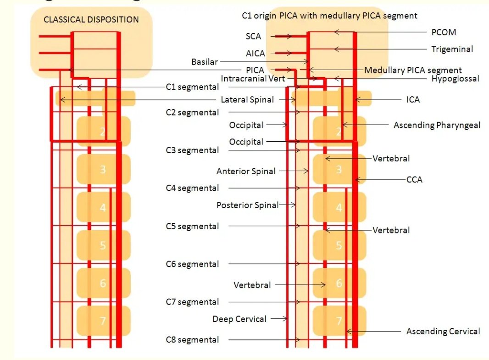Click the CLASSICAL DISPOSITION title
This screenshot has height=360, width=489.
91,20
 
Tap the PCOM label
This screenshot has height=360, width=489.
444,33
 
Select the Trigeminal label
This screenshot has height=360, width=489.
452,49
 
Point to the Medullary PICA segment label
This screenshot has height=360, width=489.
413,70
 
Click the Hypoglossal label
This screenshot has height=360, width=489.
455,78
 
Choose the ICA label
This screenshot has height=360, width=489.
413,99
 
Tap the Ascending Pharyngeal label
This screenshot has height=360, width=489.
437,125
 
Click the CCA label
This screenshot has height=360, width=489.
414,180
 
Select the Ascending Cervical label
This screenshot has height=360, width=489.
443,331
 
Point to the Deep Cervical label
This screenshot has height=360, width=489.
239,319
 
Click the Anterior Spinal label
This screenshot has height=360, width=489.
246,171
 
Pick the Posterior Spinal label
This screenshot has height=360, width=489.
247,205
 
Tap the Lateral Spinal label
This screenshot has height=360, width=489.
247,100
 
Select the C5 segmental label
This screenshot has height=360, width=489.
192,226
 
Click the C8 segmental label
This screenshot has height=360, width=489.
192,340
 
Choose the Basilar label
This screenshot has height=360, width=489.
205,61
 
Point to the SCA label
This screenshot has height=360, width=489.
253,36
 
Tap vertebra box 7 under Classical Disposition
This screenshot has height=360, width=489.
103,321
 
